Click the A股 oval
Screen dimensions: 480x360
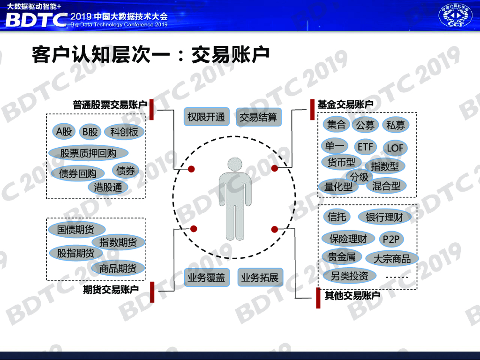click(64, 132)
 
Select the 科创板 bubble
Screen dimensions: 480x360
click(124, 132)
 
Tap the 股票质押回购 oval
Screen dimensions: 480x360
click(88, 153)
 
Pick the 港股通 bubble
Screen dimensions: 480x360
click(108, 187)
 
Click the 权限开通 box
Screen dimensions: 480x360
click(206, 117)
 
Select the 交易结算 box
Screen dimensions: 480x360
click(258, 117)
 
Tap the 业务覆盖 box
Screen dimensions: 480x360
click(206, 277)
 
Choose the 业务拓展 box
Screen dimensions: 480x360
click(260, 277)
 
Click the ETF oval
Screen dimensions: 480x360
click(365, 147)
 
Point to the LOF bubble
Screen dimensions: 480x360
click(395, 149)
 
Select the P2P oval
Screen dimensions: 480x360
click(390, 240)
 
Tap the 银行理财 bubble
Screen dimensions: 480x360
click(384, 217)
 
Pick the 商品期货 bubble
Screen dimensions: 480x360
click(118, 268)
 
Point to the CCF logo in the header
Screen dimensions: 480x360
click(455, 15)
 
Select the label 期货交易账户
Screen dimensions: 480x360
click(111, 289)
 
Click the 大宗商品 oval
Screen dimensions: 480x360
click(391, 259)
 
